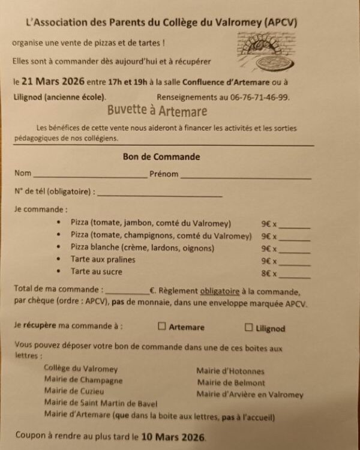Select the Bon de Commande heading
(161, 157)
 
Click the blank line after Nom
(90, 176)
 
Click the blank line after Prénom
(245, 177)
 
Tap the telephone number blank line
(160, 194)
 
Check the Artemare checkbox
(161, 327)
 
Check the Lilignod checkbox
(249, 328)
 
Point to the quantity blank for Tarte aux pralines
(295, 263)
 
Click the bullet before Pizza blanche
(58, 247)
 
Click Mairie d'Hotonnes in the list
(230, 371)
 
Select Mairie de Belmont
(230, 383)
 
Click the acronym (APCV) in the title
(280, 22)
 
